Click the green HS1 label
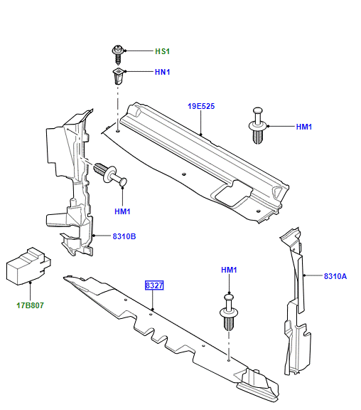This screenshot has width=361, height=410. [162, 51]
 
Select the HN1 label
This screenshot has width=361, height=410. [162, 72]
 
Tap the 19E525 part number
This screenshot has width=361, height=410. [201, 106]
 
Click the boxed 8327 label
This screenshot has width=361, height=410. [154, 285]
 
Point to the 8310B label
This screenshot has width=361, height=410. [124, 236]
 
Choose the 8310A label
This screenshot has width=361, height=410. [335, 276]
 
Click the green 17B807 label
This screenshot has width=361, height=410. [30, 305]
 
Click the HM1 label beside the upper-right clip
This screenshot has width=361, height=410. [304, 127]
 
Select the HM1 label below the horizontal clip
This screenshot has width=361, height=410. [122, 211]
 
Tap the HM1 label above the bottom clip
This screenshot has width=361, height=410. [229, 270]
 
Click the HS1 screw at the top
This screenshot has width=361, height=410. [118, 54]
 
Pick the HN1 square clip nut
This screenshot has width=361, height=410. [118, 76]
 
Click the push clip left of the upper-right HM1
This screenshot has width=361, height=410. [258, 125]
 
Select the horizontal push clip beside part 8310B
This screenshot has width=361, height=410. [110, 174]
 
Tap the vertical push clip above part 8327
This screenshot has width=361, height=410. [229, 312]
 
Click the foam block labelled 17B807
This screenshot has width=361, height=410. [28, 266]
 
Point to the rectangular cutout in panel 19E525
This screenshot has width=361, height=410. [234, 193]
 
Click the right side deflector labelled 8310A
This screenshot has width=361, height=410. [296, 300]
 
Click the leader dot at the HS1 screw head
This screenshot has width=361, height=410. [125, 51]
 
